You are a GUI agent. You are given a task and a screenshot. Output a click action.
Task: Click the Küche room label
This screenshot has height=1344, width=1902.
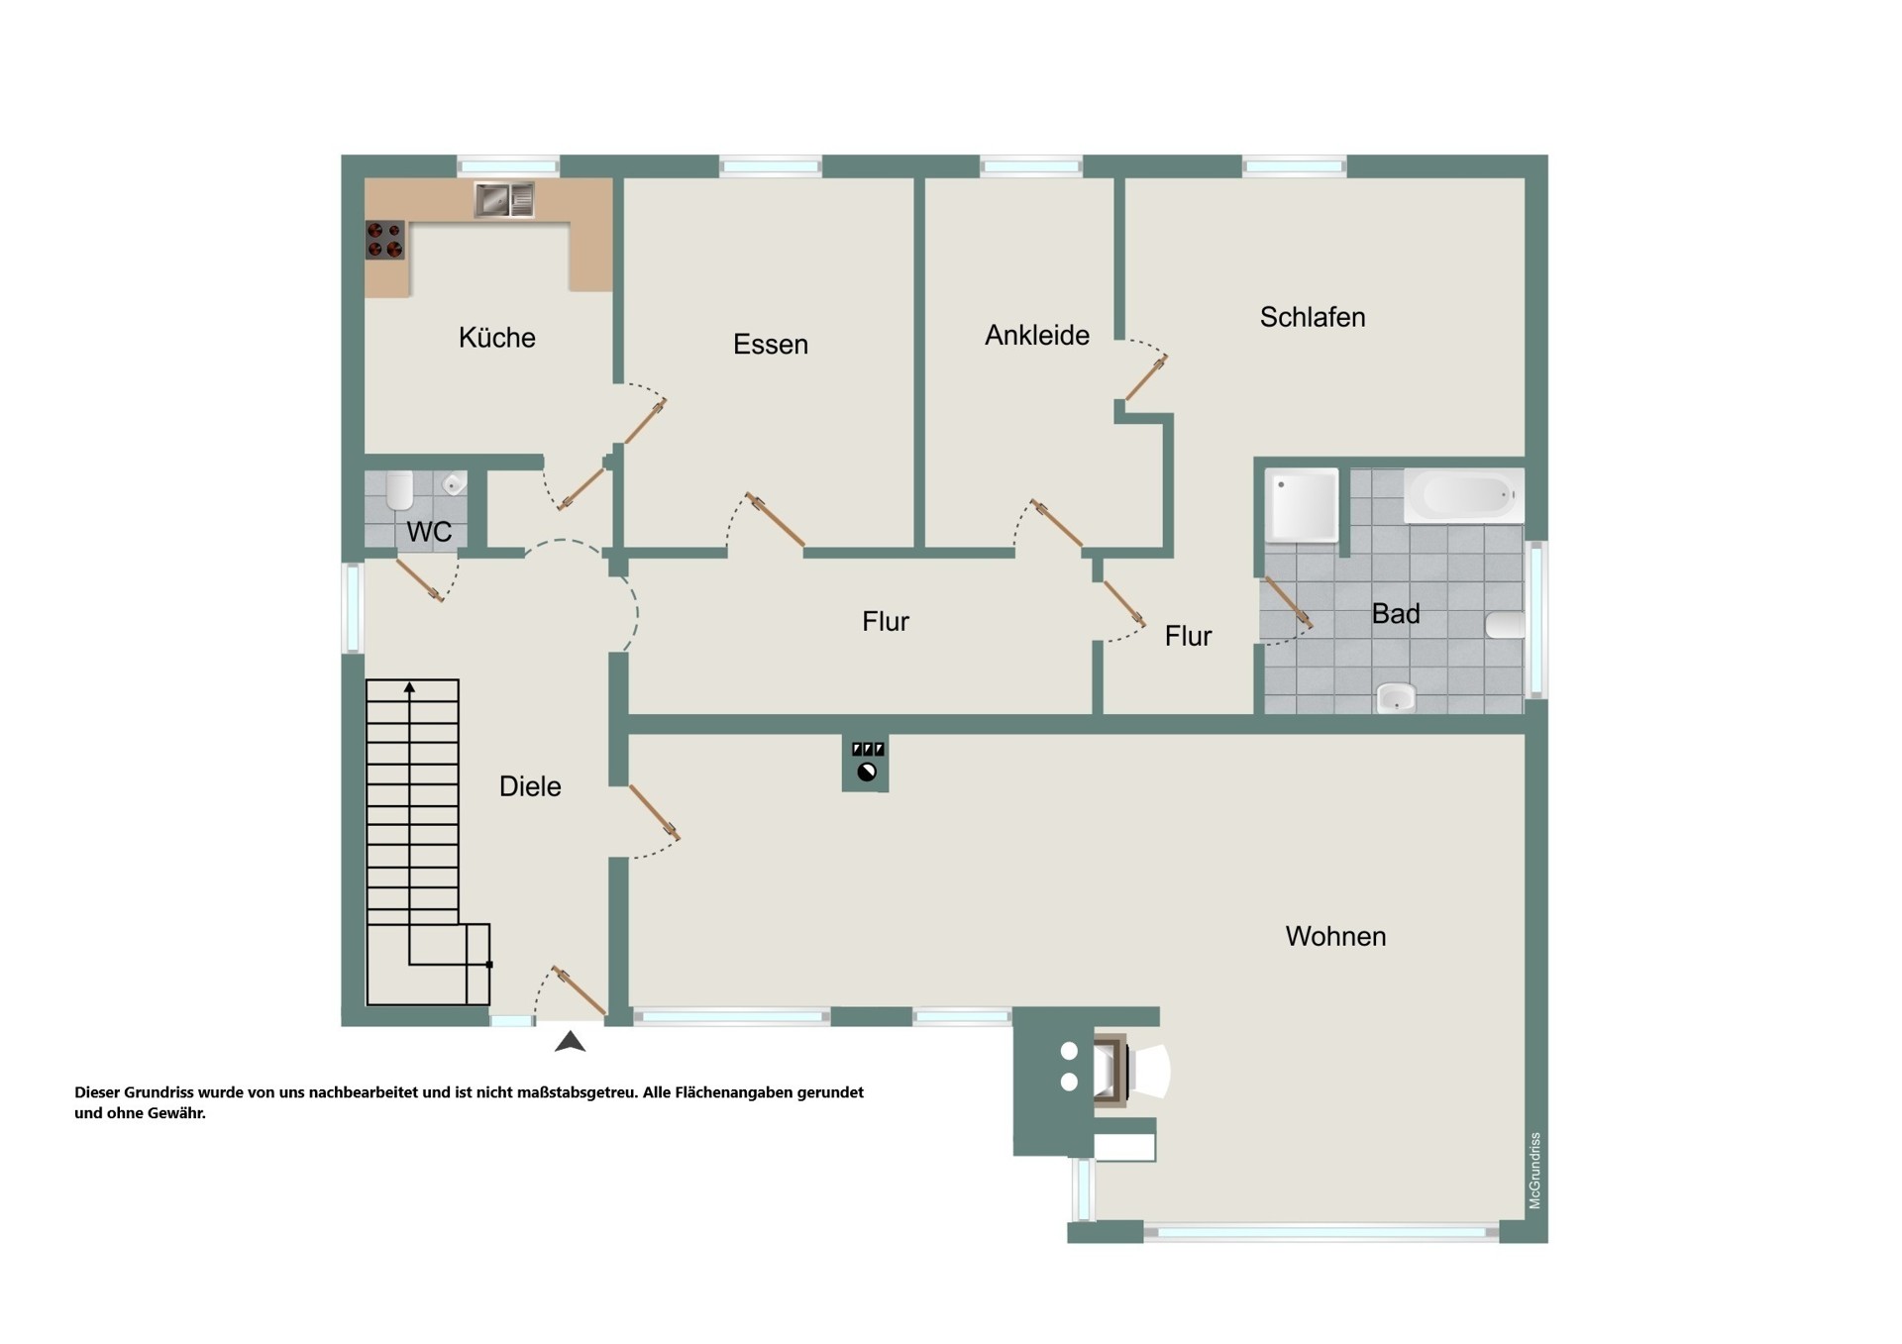pyautogui.click(x=496, y=338)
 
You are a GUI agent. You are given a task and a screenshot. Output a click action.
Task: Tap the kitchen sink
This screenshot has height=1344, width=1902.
pyautogui.click(x=504, y=199)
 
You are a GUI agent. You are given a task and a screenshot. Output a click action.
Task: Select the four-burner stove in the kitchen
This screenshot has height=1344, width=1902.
pyautogui.click(x=384, y=240)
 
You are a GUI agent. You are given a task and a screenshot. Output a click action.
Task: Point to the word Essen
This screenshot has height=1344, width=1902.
pyautogui.click(x=770, y=345)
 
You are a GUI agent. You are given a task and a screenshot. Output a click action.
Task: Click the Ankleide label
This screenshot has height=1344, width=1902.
pyautogui.click(x=1036, y=336)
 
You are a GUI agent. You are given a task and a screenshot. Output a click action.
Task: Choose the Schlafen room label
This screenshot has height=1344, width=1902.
pyautogui.click(x=1312, y=317)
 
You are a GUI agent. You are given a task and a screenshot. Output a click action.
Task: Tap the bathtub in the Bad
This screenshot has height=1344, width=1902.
pyautogui.click(x=1464, y=495)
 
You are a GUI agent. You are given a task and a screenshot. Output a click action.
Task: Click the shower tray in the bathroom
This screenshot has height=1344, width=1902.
pyautogui.click(x=1302, y=506)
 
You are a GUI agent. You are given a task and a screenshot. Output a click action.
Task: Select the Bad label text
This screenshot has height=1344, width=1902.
pyautogui.click(x=1395, y=614)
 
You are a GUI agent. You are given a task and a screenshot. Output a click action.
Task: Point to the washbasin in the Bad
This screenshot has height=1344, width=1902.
pyautogui.click(x=1396, y=698)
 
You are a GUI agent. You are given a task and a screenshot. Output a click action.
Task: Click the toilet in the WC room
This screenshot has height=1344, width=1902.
pyautogui.click(x=399, y=490)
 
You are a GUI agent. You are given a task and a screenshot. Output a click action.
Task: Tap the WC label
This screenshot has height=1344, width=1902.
pyautogui.click(x=429, y=532)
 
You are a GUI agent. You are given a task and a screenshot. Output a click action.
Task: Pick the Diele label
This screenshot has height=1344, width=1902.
pyautogui.click(x=530, y=786)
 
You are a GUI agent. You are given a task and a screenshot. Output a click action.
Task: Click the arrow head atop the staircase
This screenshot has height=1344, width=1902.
pyautogui.click(x=409, y=686)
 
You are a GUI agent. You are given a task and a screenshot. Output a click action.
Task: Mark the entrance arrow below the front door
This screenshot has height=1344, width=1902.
pyautogui.click(x=570, y=1041)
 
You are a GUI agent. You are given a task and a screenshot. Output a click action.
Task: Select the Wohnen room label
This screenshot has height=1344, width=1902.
pyautogui.click(x=1335, y=936)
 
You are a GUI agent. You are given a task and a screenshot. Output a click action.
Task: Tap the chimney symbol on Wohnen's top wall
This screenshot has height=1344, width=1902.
pyautogui.click(x=866, y=763)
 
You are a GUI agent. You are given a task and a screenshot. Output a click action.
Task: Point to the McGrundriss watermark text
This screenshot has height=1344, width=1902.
pyautogui.click(x=1534, y=1171)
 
